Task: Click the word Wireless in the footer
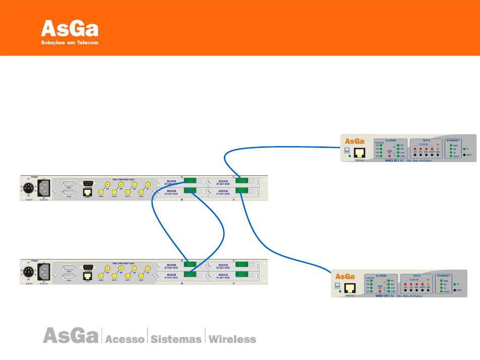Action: (x=232, y=339)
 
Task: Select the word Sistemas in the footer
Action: (x=176, y=339)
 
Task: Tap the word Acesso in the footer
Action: (x=124, y=339)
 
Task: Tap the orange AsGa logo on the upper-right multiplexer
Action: (x=354, y=141)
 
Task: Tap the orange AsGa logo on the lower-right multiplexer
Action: (x=345, y=277)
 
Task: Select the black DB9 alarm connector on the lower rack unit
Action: (x=88, y=267)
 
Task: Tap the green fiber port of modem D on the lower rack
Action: (x=242, y=274)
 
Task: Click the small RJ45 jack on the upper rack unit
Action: (x=87, y=192)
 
